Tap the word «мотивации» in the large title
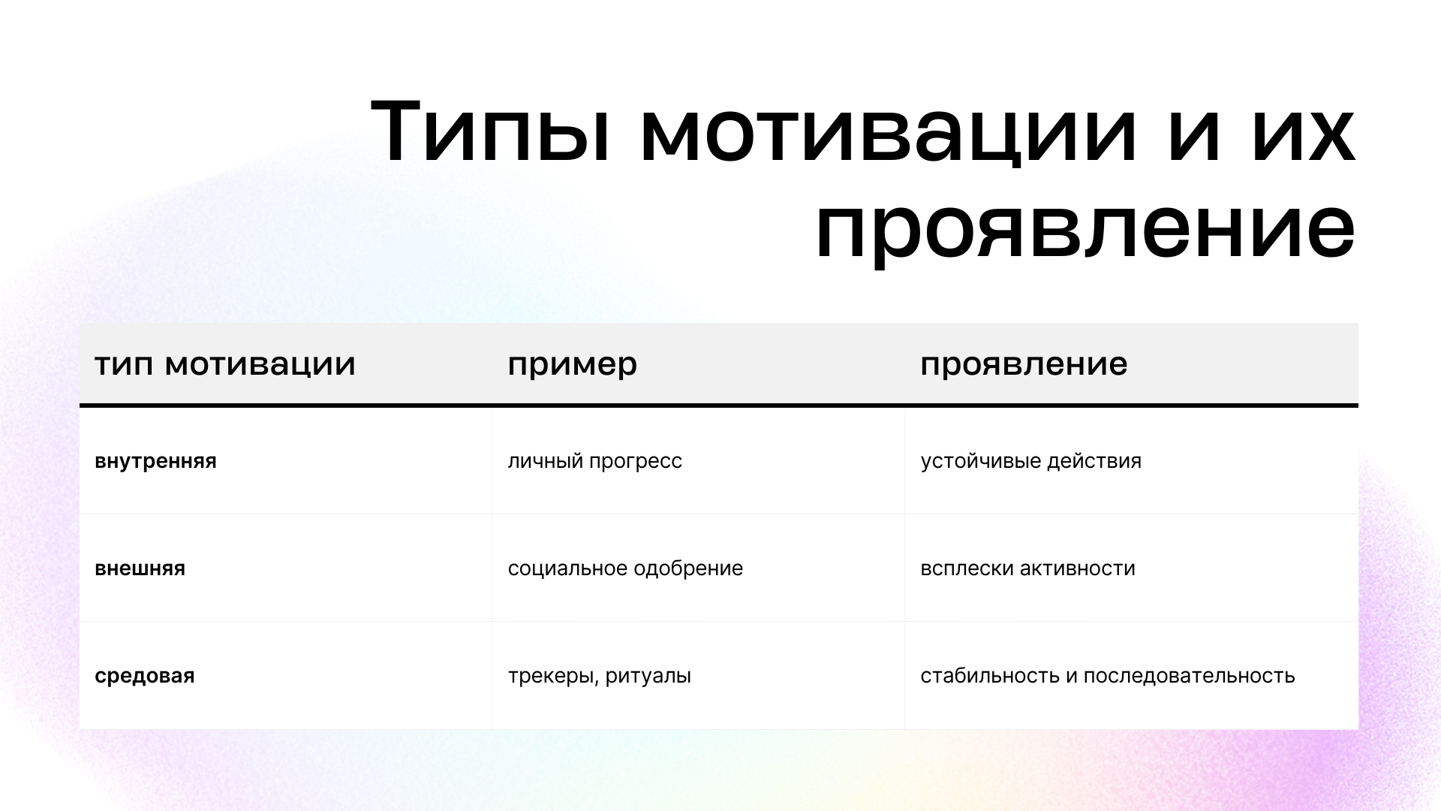[x=889, y=131]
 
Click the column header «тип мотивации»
[x=225, y=364]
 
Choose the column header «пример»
[x=572, y=365]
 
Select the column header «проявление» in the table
[x=1024, y=365]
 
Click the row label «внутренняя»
[x=155, y=461]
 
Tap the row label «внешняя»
[x=140, y=568]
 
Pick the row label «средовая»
[x=144, y=676]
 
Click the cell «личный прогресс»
[x=594, y=461]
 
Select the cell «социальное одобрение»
[x=625, y=568]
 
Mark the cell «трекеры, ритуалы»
[x=599, y=676]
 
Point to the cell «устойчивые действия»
[x=1030, y=461]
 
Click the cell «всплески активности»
[x=1027, y=568]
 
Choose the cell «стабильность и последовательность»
[x=1108, y=676]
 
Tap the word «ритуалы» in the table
[x=648, y=676]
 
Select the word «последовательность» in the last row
[x=1190, y=676]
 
